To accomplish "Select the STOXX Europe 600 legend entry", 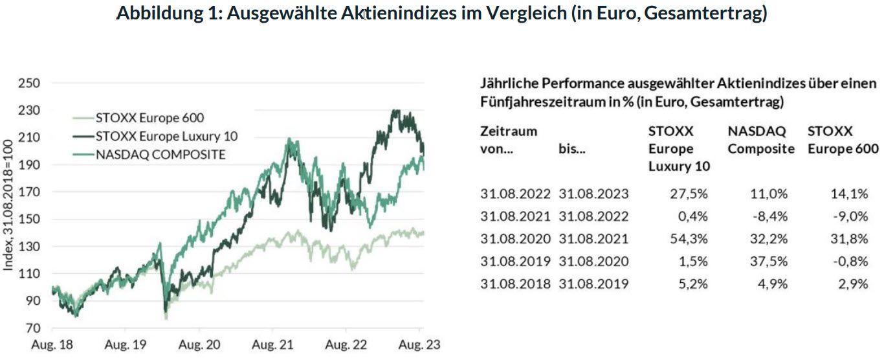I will pos(149,118).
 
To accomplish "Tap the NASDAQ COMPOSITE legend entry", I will pos(160,154).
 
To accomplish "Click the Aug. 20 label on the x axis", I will pos(199,345).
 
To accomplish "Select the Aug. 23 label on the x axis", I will pos(419,345).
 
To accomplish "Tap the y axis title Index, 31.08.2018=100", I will pos(8,205).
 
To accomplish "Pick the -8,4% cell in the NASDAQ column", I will pos(771,216).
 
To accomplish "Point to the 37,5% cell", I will pos(769,261).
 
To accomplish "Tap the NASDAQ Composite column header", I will pos(760,140).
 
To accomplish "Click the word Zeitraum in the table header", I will pos(509,131).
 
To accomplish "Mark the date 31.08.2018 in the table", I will pos(516,284).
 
